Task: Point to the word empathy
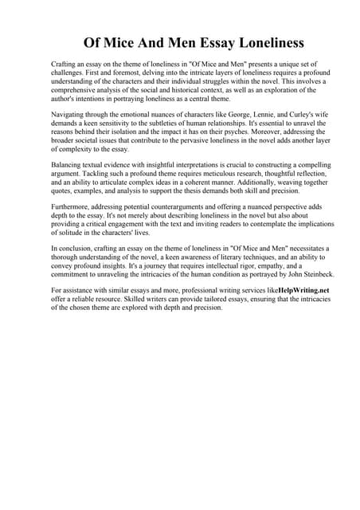point(268,264)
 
